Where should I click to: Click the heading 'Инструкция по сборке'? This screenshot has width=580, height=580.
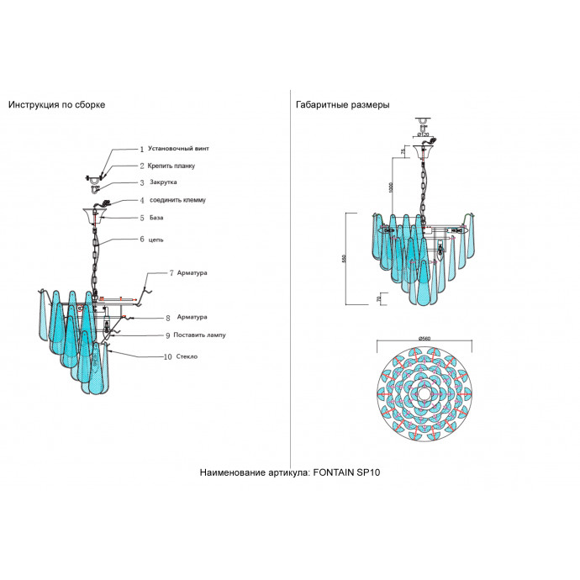pyautogui.click(x=57, y=105)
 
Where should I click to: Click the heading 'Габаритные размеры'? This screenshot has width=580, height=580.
pyautogui.click(x=342, y=105)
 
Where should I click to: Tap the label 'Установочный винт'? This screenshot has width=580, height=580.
pyautogui.click(x=178, y=148)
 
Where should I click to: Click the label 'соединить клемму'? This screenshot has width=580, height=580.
pyautogui.click(x=177, y=200)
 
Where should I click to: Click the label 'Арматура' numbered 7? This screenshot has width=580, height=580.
pyautogui.click(x=192, y=273)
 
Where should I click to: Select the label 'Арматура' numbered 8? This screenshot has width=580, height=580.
pyautogui.click(x=192, y=318)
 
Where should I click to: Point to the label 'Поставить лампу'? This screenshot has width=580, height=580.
pyautogui.click(x=201, y=335)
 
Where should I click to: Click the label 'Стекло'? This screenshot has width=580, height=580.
pyautogui.click(x=189, y=356)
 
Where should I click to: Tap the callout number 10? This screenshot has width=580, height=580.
pyautogui.click(x=168, y=356)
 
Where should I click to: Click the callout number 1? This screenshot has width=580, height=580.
pyautogui.click(x=141, y=148)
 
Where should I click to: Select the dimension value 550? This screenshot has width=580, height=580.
pyautogui.click(x=344, y=259)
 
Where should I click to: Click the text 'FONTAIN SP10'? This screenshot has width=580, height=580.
pyautogui.click(x=347, y=473)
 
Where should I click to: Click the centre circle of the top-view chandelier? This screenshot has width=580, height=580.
pyautogui.click(x=424, y=393)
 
